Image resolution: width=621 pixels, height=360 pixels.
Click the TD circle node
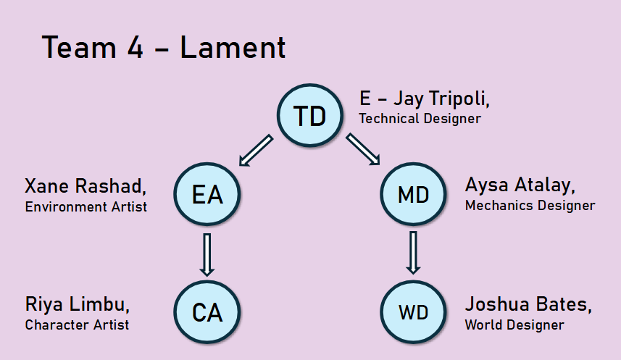pyautogui.click(x=309, y=115)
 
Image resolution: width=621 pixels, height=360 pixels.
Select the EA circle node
pyautogui.click(x=207, y=194)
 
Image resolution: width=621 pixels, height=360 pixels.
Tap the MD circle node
pyautogui.click(x=414, y=194)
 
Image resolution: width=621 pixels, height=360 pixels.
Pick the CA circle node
pyautogui.click(x=207, y=312)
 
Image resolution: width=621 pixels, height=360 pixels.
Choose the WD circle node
pyautogui.click(x=414, y=312)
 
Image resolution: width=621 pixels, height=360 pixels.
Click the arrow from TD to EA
pyautogui.click(x=256, y=150)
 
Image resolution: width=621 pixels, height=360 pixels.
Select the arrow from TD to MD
pyautogui.click(x=363, y=149)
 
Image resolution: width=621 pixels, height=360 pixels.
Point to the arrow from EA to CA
pyautogui.click(x=207, y=255)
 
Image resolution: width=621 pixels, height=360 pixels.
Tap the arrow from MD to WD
pyautogui.click(x=414, y=253)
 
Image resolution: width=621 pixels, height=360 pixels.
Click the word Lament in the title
pyautogui.click(x=233, y=48)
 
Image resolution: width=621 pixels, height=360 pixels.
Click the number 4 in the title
pyautogui.click(x=135, y=48)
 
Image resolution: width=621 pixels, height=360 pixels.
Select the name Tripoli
pyautogui.click(x=459, y=98)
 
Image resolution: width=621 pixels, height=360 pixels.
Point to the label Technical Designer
pyautogui.click(x=420, y=118)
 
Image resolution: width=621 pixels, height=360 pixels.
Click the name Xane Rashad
pyautogui.click(x=86, y=186)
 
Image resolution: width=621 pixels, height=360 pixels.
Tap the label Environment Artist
pyautogui.click(x=86, y=206)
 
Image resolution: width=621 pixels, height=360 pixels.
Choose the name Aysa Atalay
pyautogui.click(x=520, y=185)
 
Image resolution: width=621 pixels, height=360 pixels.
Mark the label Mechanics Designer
pyautogui.click(x=530, y=206)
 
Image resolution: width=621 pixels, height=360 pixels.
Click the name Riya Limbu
pyautogui.click(x=78, y=304)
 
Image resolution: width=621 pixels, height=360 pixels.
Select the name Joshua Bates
pyautogui.click(x=528, y=304)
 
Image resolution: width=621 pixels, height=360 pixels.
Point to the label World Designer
pyautogui.click(x=514, y=325)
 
